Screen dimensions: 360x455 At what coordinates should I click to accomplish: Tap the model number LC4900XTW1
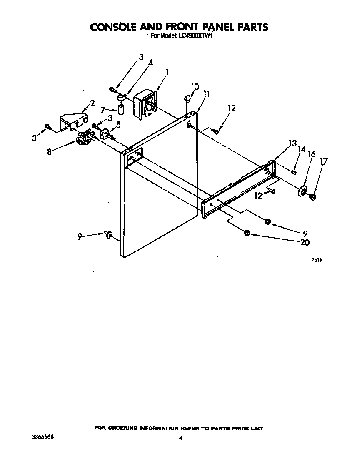(x=194, y=36)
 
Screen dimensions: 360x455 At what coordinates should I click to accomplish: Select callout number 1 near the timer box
(x=167, y=72)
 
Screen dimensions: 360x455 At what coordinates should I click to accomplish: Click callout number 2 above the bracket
(x=92, y=103)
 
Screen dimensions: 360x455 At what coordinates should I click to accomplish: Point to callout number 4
(x=151, y=63)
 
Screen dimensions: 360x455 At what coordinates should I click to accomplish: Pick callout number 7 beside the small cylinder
(x=102, y=110)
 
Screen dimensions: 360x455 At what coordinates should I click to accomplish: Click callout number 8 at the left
(x=50, y=151)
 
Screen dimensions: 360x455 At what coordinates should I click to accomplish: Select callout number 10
(x=195, y=86)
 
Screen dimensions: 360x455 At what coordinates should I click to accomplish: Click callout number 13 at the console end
(x=293, y=143)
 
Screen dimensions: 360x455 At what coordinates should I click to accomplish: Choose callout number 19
(x=304, y=233)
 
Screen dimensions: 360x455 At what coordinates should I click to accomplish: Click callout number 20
(x=305, y=242)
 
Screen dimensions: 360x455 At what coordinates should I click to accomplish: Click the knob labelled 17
(x=312, y=197)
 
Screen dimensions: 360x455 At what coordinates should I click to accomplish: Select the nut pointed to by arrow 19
(x=268, y=222)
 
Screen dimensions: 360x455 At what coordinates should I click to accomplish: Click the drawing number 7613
(x=317, y=260)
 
